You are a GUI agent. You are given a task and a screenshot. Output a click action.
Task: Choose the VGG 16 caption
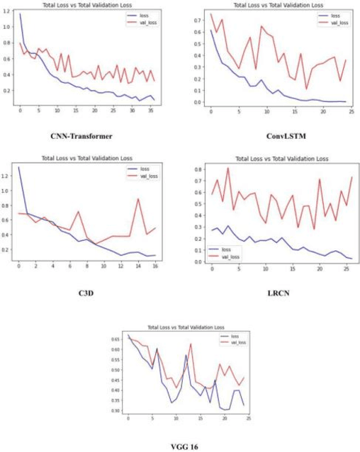click(x=180, y=444)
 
